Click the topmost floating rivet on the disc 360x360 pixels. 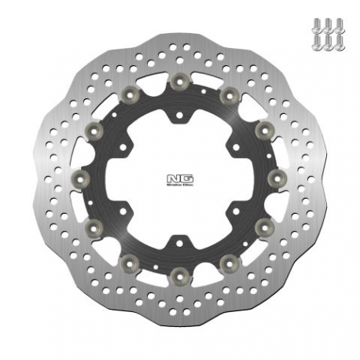(x=178, y=79)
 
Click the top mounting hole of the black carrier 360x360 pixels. (x=179, y=115)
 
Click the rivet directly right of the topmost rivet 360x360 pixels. (x=229, y=94)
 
